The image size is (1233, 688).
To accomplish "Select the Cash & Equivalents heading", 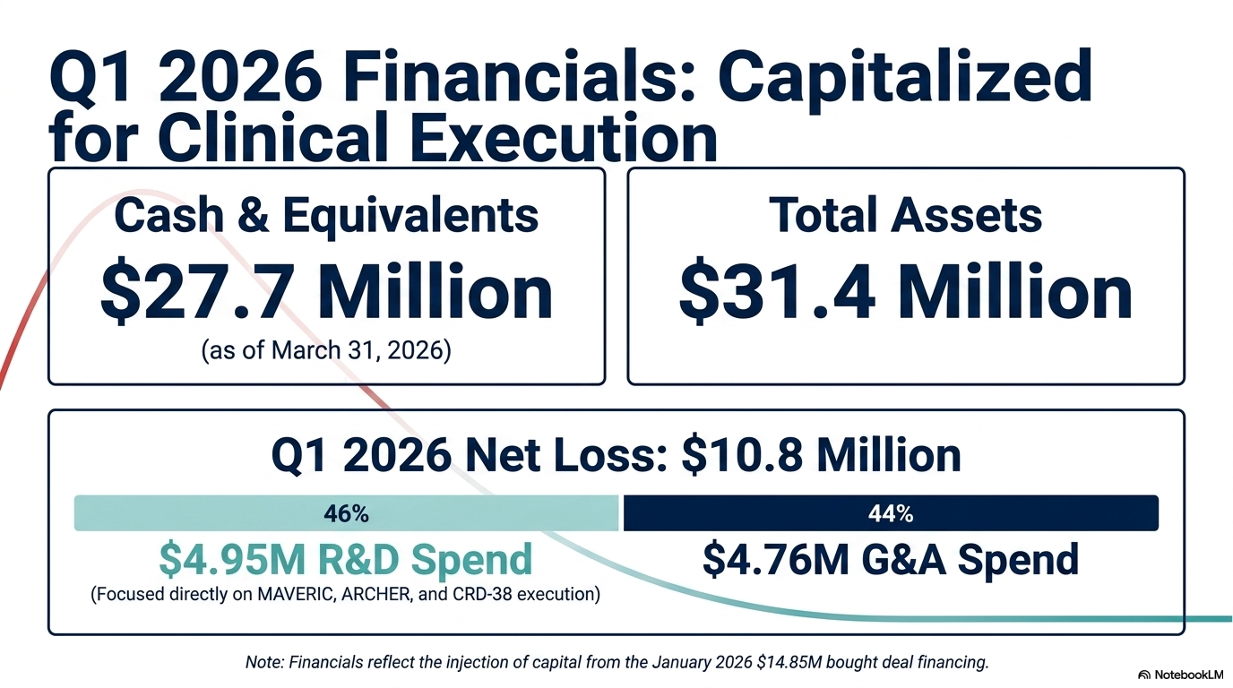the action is tap(326, 217).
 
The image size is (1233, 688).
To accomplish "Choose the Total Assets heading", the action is tap(905, 215).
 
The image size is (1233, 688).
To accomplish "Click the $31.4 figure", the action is tap(777, 291).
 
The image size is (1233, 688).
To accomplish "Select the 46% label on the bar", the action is tap(346, 513).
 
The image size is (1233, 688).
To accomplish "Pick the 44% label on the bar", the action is tap(891, 513).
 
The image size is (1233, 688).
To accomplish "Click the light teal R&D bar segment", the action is tap(346, 513).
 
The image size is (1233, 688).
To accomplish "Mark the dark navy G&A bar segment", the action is tap(891, 513).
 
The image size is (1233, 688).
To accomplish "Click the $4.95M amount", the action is tap(232, 559).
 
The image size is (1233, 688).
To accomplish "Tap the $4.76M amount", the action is tap(776, 559).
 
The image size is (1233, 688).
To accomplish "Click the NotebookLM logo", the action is tap(1180, 675).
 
